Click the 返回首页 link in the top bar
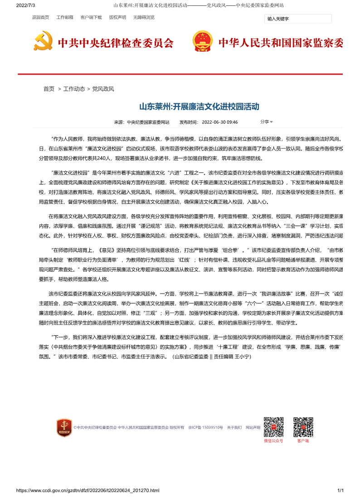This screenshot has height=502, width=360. [40, 18]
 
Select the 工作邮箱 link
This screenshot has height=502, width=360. [64, 18]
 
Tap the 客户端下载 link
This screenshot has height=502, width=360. [91, 18]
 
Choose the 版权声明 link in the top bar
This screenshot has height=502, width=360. [117, 18]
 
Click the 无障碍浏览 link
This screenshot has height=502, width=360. [144, 18]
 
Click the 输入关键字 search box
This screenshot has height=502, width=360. [298, 19]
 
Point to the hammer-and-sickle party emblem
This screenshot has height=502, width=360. [43, 41]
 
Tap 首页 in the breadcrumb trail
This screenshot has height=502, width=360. [49, 89]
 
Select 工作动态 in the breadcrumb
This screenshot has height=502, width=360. [74, 89]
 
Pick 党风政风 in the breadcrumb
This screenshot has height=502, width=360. [103, 89]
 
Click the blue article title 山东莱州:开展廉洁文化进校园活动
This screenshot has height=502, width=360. [199, 107]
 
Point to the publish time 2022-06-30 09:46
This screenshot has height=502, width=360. [219, 122]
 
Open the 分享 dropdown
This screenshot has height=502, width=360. [266, 122]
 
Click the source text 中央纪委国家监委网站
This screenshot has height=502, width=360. [148, 122]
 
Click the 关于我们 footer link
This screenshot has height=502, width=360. [234, 427]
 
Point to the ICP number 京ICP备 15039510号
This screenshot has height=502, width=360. [206, 427]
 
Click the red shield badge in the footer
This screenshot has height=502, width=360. [64, 428]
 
